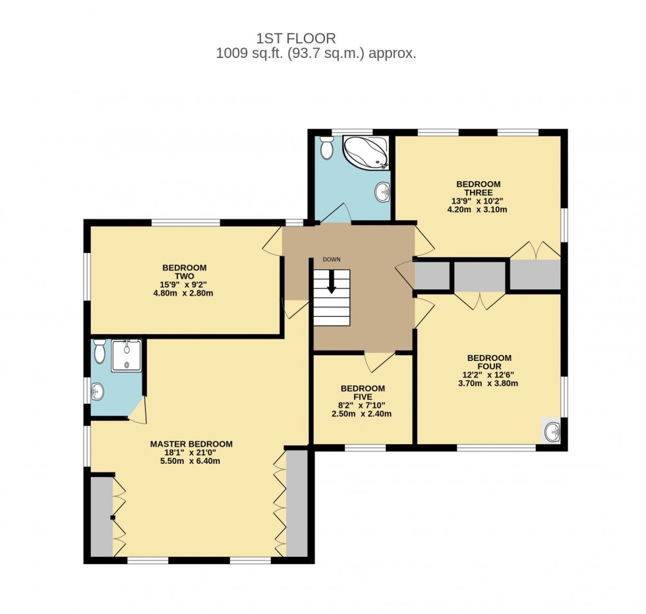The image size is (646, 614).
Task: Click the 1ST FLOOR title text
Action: (x=296, y=39)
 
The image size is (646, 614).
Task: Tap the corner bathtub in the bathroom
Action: (x=365, y=153)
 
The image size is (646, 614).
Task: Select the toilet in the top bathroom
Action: (x=326, y=148)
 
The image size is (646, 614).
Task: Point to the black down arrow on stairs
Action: (x=331, y=282)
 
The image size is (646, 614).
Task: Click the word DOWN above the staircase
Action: (x=332, y=260)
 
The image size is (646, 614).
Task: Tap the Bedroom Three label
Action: (x=478, y=188)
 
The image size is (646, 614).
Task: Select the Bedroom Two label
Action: (x=184, y=272)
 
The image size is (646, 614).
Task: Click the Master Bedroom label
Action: (x=191, y=444)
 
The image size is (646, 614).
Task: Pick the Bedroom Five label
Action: (x=363, y=393)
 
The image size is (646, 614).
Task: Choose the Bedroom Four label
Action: (x=489, y=362)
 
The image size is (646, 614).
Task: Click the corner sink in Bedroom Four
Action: (x=552, y=432)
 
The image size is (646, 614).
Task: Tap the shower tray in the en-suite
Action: (x=126, y=356)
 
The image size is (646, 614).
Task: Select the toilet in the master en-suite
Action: (x=99, y=352)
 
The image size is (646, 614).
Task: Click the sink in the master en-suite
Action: (x=97, y=393)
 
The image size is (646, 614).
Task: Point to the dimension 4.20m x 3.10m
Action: (x=478, y=209)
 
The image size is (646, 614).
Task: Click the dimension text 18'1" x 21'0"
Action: (x=191, y=453)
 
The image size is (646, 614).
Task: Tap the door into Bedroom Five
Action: (x=379, y=360)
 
